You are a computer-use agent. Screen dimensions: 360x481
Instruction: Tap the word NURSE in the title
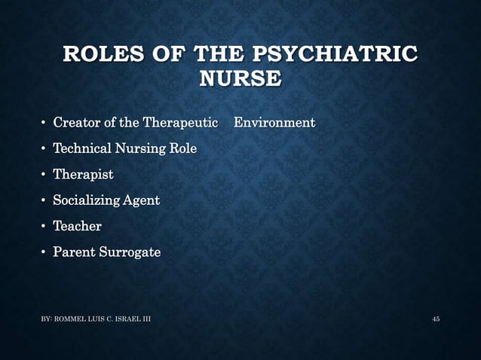[240, 78]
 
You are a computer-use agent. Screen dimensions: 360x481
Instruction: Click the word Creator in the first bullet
[75, 123]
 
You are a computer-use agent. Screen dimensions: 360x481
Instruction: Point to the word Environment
[274, 123]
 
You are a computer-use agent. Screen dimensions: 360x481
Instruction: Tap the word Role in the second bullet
[183, 149]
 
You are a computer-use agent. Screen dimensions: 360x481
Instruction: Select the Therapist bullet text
[83, 175]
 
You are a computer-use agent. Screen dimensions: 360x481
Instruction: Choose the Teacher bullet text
[77, 226]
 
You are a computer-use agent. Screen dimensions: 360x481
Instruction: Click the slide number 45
[436, 320]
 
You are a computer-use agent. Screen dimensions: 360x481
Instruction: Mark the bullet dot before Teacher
[43, 227]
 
